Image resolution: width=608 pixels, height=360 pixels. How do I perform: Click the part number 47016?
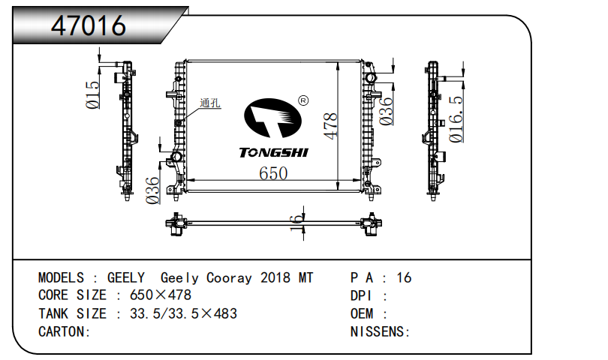click(x=88, y=25)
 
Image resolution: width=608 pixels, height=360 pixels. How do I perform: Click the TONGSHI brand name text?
click(x=273, y=153)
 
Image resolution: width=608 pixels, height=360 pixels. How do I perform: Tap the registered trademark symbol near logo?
click(x=303, y=100)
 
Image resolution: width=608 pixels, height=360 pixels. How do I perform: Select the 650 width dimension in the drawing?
click(x=273, y=173)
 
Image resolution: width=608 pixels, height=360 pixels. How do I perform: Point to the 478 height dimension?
click(x=330, y=125)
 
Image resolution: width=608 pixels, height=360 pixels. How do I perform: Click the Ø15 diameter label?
click(x=93, y=95)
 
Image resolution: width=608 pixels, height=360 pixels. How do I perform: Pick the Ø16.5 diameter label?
click(x=456, y=118)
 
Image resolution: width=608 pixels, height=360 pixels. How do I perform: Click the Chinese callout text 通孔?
click(x=210, y=104)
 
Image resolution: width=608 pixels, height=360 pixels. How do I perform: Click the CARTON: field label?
click(x=65, y=331)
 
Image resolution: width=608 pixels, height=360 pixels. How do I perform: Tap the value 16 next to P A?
click(x=404, y=278)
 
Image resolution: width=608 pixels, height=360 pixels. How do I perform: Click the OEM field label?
click(x=363, y=313)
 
